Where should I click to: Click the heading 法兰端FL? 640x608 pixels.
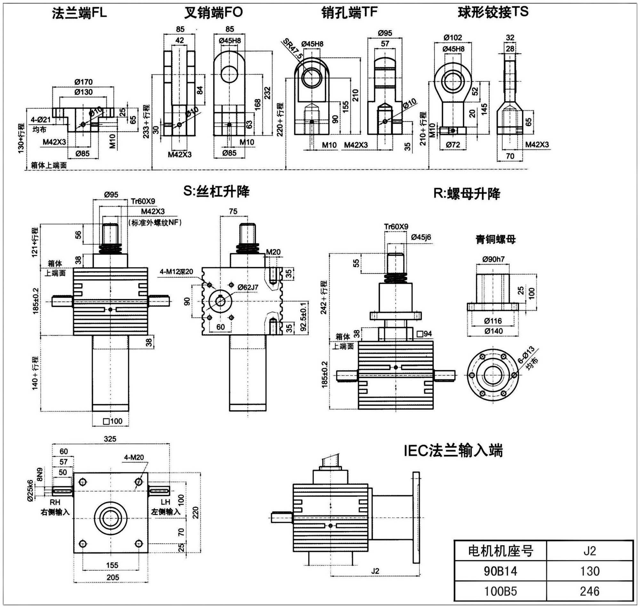(x=79, y=13)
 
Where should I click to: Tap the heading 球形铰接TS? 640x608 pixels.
(x=493, y=12)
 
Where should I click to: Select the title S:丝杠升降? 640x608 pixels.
(x=216, y=192)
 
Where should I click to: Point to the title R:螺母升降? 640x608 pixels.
(x=467, y=194)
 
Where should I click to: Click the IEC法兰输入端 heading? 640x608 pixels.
(x=453, y=451)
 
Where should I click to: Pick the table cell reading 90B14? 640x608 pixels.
(x=500, y=571)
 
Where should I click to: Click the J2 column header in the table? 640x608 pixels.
(x=589, y=551)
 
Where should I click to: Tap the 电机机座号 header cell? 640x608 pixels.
(x=500, y=551)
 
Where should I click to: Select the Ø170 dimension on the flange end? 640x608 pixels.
(x=83, y=82)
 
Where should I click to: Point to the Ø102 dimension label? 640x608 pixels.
(x=453, y=37)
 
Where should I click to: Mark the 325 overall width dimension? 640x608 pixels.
(x=110, y=439)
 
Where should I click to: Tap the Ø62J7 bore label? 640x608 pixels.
(x=248, y=287)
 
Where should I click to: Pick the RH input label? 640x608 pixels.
(x=55, y=502)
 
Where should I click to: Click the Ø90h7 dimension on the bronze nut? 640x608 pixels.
(x=493, y=259)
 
